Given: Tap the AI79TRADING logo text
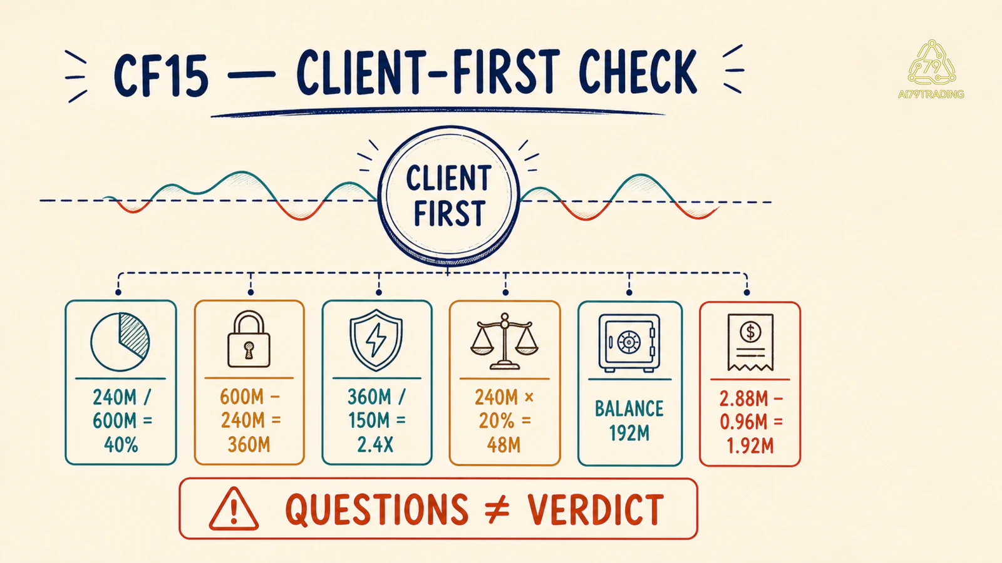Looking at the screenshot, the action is [x=931, y=94].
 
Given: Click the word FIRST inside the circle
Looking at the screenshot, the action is [x=449, y=213].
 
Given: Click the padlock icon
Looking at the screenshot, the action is [x=249, y=339].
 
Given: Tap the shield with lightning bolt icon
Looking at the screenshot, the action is [x=376, y=340].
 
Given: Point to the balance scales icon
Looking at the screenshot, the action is [x=505, y=342].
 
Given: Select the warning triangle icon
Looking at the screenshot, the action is [x=234, y=509].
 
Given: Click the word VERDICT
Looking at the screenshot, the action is [x=596, y=510].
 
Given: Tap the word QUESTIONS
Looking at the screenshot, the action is [x=377, y=510].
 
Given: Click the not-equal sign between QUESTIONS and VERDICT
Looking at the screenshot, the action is [x=497, y=510].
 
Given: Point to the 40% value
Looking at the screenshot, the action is [x=121, y=445].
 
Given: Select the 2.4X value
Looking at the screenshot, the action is [x=375, y=445].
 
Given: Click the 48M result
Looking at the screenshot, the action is [x=504, y=445].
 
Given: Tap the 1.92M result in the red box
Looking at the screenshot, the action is [x=750, y=447].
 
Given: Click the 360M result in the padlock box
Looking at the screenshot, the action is [x=249, y=445].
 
